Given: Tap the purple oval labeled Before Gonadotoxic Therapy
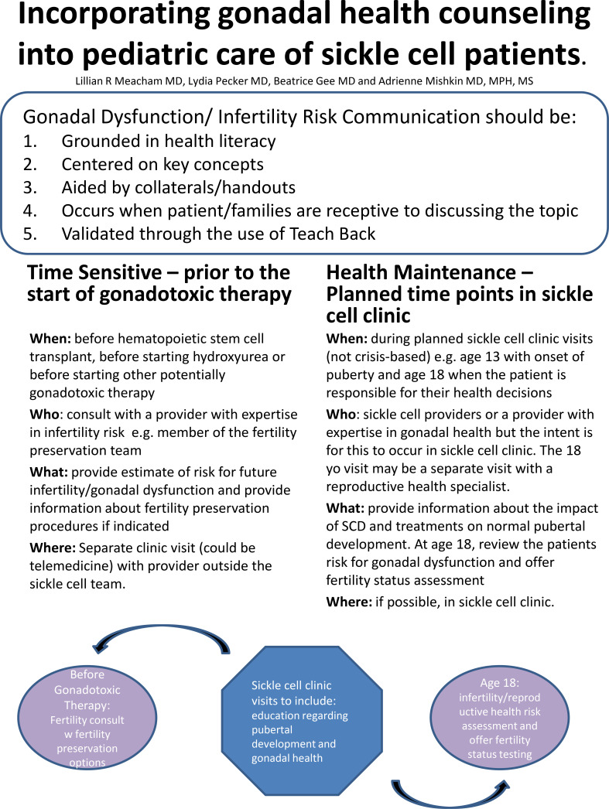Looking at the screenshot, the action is (x=87, y=718).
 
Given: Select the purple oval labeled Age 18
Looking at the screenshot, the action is (x=500, y=718).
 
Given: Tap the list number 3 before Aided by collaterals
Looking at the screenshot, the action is (x=30, y=187).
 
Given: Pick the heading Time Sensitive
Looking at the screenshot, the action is (x=94, y=272).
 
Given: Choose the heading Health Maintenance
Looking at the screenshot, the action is (x=421, y=272).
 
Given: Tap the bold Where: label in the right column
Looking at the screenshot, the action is (x=349, y=602).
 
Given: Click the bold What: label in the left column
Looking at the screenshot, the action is (x=49, y=472).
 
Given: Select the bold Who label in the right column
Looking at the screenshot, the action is (x=341, y=415).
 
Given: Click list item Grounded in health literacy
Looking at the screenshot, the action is (x=168, y=142).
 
